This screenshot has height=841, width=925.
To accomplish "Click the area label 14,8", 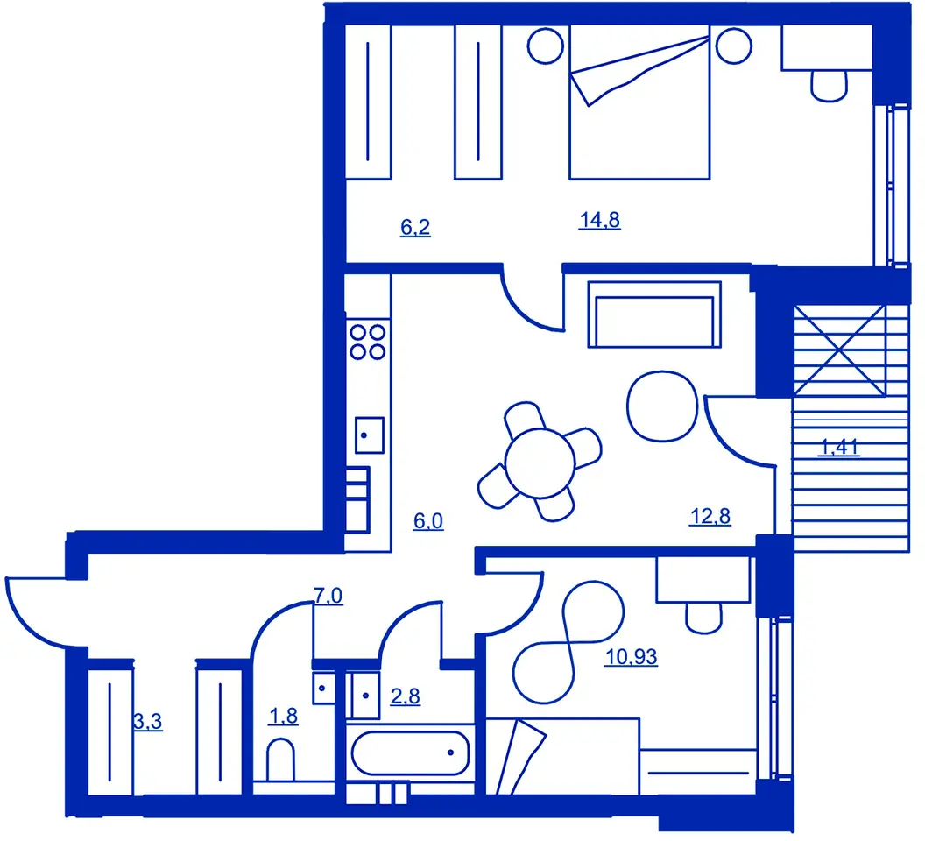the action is pyautogui.click(x=599, y=220).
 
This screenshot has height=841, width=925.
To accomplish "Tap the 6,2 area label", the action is pyautogui.click(x=415, y=227).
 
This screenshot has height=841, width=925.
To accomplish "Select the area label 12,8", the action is pyautogui.click(x=710, y=516).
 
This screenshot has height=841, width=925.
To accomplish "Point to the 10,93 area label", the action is pyautogui.click(x=632, y=656).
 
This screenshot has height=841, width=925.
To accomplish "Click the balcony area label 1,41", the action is pyautogui.click(x=839, y=447).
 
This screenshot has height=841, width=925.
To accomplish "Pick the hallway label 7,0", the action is pyautogui.click(x=328, y=596).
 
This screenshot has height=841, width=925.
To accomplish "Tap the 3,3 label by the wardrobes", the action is pyautogui.click(x=148, y=721).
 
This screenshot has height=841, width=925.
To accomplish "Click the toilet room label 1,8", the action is pyautogui.click(x=283, y=716).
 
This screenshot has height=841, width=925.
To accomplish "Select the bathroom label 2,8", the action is pyautogui.click(x=406, y=696).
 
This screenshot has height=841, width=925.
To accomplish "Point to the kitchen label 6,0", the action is pyautogui.click(x=428, y=521).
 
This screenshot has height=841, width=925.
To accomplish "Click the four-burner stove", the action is pyautogui.click(x=368, y=343).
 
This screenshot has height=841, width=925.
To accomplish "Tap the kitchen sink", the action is pyautogui.click(x=370, y=435).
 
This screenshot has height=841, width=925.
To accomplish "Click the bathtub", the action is pyautogui.click(x=411, y=753).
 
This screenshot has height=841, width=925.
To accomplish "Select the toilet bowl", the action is pyautogui.click(x=280, y=760).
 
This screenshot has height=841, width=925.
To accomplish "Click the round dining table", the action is pyautogui.click(x=540, y=463).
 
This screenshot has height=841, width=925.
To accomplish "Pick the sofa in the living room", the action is pyautogui.click(x=654, y=314).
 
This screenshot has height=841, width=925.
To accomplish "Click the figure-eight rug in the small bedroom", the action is pyautogui.click(x=568, y=642).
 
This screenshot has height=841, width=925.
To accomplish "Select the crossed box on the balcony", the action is pyautogui.click(x=839, y=350).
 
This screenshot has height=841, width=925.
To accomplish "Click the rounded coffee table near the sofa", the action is pyautogui.click(x=662, y=406).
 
